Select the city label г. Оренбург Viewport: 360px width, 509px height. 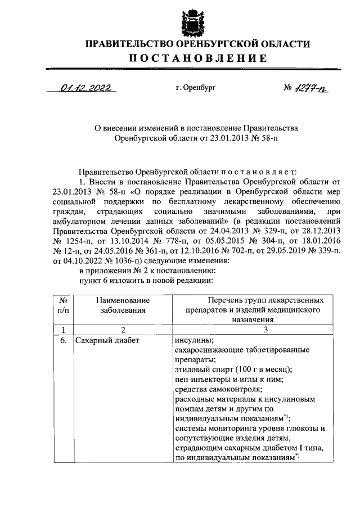[x=195, y=88]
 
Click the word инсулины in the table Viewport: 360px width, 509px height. [x=193, y=340]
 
